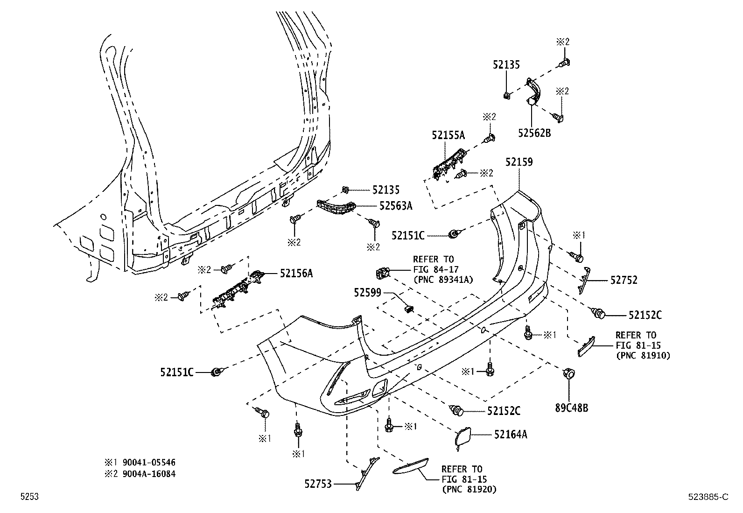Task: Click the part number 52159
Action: pos(519,162)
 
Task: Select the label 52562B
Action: pos(534,133)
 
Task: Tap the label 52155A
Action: pos(448,135)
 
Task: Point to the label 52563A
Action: pos(396,205)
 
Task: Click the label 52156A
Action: pos(296,274)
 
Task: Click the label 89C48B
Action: pos(571,408)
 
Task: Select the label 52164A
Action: pos(511,435)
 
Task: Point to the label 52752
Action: pos(624,280)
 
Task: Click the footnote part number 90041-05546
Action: pos(149,463)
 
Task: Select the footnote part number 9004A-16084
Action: pos(149,474)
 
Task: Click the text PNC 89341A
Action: pos(443,280)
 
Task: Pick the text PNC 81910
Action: pos(643,355)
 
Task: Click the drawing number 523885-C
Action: pos(708,497)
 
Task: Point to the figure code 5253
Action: pos(29,497)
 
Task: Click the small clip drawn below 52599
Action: pos(409,308)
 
